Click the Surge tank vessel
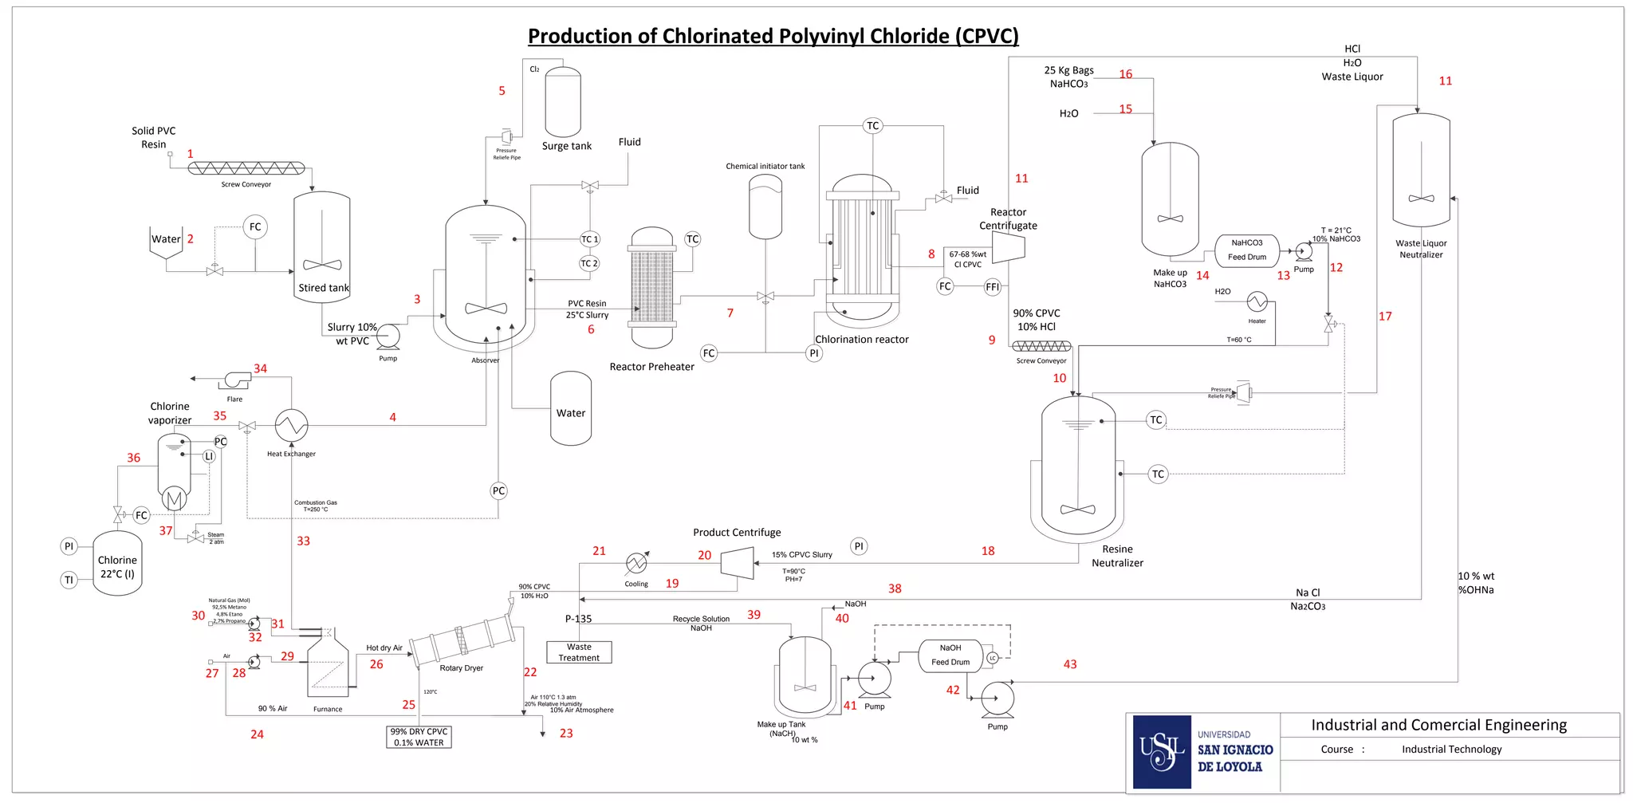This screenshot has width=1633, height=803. [x=562, y=102]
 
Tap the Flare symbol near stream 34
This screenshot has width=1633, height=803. [x=237, y=380]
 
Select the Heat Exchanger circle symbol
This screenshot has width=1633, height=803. [x=291, y=425]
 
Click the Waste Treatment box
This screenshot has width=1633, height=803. [x=579, y=652]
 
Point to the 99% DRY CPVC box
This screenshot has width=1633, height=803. [x=419, y=737]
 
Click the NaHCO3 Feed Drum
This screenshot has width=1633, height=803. [x=1246, y=250]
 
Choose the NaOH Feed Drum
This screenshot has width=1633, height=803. [x=950, y=655]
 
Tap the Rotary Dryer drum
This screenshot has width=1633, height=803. [x=462, y=640]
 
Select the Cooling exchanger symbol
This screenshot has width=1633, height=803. [x=636, y=564]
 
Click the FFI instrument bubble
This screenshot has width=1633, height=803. [x=992, y=287]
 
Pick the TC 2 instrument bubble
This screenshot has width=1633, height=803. [x=588, y=263]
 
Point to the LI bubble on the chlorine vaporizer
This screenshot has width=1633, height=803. [x=209, y=456]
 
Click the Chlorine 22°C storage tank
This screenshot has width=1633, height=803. [x=117, y=565]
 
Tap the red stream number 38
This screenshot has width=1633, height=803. [x=895, y=588]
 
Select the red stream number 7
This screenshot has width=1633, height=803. [x=730, y=313]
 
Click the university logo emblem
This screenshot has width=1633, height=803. [x=1162, y=752]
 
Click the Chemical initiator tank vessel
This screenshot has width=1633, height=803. [x=765, y=207]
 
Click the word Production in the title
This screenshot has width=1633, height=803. [x=584, y=36]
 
